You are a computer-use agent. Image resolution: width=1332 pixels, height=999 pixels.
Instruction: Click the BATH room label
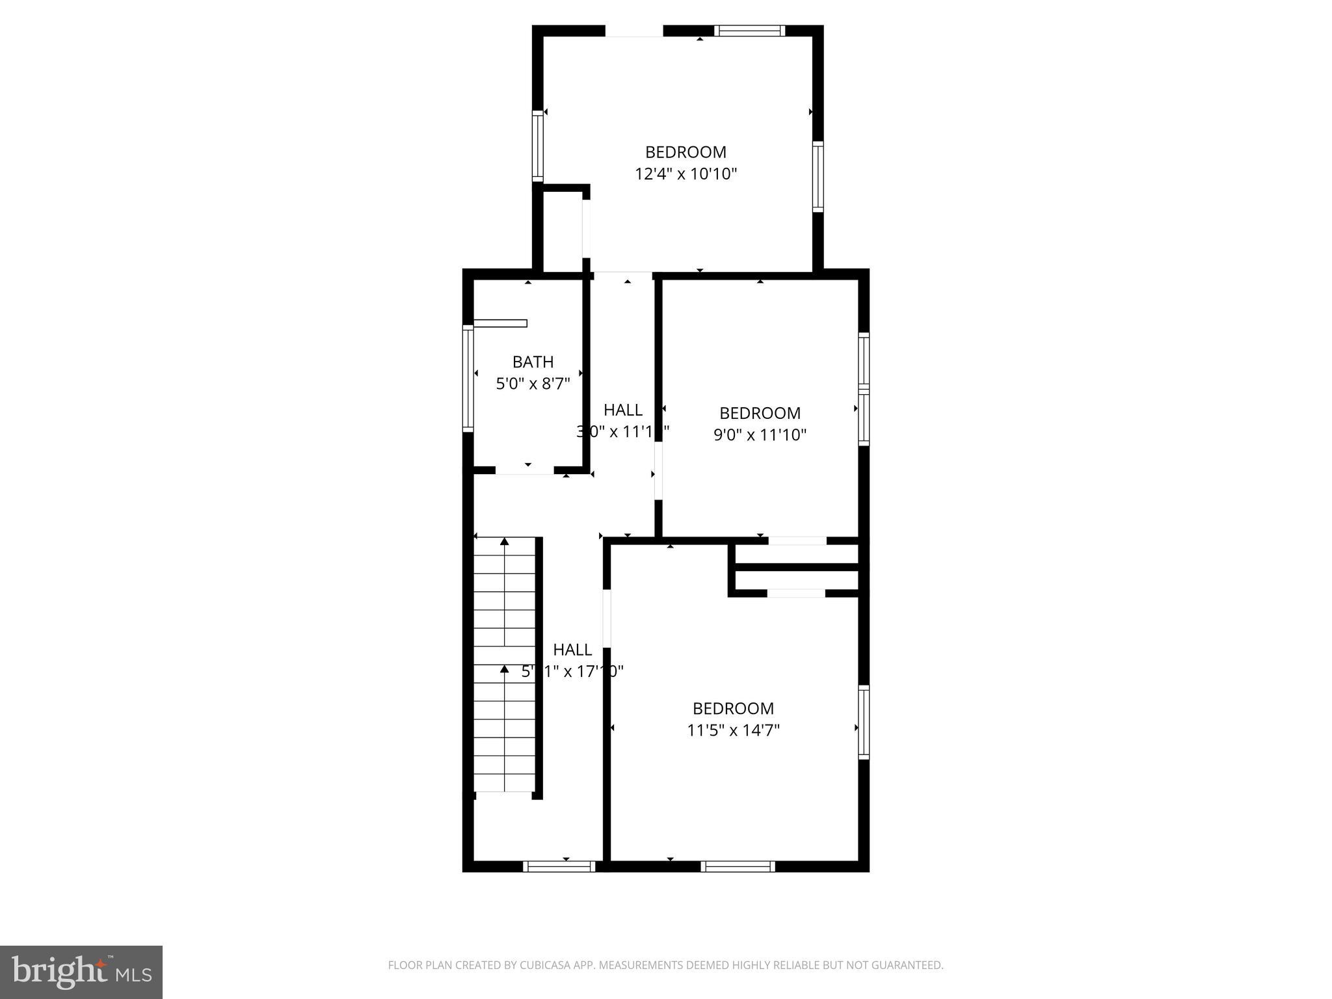pos(533,362)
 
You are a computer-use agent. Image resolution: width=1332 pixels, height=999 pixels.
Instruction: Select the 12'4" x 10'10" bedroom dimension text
pos(686,174)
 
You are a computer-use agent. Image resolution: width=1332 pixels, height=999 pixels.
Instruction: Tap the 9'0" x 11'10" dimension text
pos(760,434)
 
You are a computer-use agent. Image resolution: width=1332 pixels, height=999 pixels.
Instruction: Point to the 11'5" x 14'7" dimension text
pos(733,730)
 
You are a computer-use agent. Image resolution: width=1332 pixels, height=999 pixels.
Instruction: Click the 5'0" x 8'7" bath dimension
pos(533,384)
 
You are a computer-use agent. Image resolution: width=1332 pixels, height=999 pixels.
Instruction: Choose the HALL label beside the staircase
pos(572,649)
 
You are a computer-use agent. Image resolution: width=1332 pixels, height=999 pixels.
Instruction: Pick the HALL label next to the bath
pos(622,410)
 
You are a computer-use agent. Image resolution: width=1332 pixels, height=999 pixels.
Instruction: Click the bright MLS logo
pos(81,972)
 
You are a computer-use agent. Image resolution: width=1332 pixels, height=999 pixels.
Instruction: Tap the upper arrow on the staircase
pos(504,541)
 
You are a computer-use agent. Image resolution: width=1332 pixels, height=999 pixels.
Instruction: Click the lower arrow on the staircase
pos(504,669)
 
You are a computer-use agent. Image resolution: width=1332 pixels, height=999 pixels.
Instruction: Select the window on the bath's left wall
pos(468,378)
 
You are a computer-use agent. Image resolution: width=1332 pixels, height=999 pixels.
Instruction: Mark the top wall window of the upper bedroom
pos(749,31)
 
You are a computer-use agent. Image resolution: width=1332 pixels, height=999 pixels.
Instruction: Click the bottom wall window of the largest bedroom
pos(738,866)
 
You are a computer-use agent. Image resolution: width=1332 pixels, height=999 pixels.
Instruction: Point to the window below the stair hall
pos(559,866)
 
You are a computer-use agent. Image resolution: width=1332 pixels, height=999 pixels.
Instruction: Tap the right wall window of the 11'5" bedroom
pos(864,722)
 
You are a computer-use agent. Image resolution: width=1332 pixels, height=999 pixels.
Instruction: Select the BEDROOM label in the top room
pos(686,152)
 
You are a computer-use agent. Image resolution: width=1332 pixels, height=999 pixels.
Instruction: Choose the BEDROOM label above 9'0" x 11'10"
pos(760,413)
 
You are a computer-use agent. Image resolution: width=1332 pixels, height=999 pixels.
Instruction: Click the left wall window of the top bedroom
pos(538,145)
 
